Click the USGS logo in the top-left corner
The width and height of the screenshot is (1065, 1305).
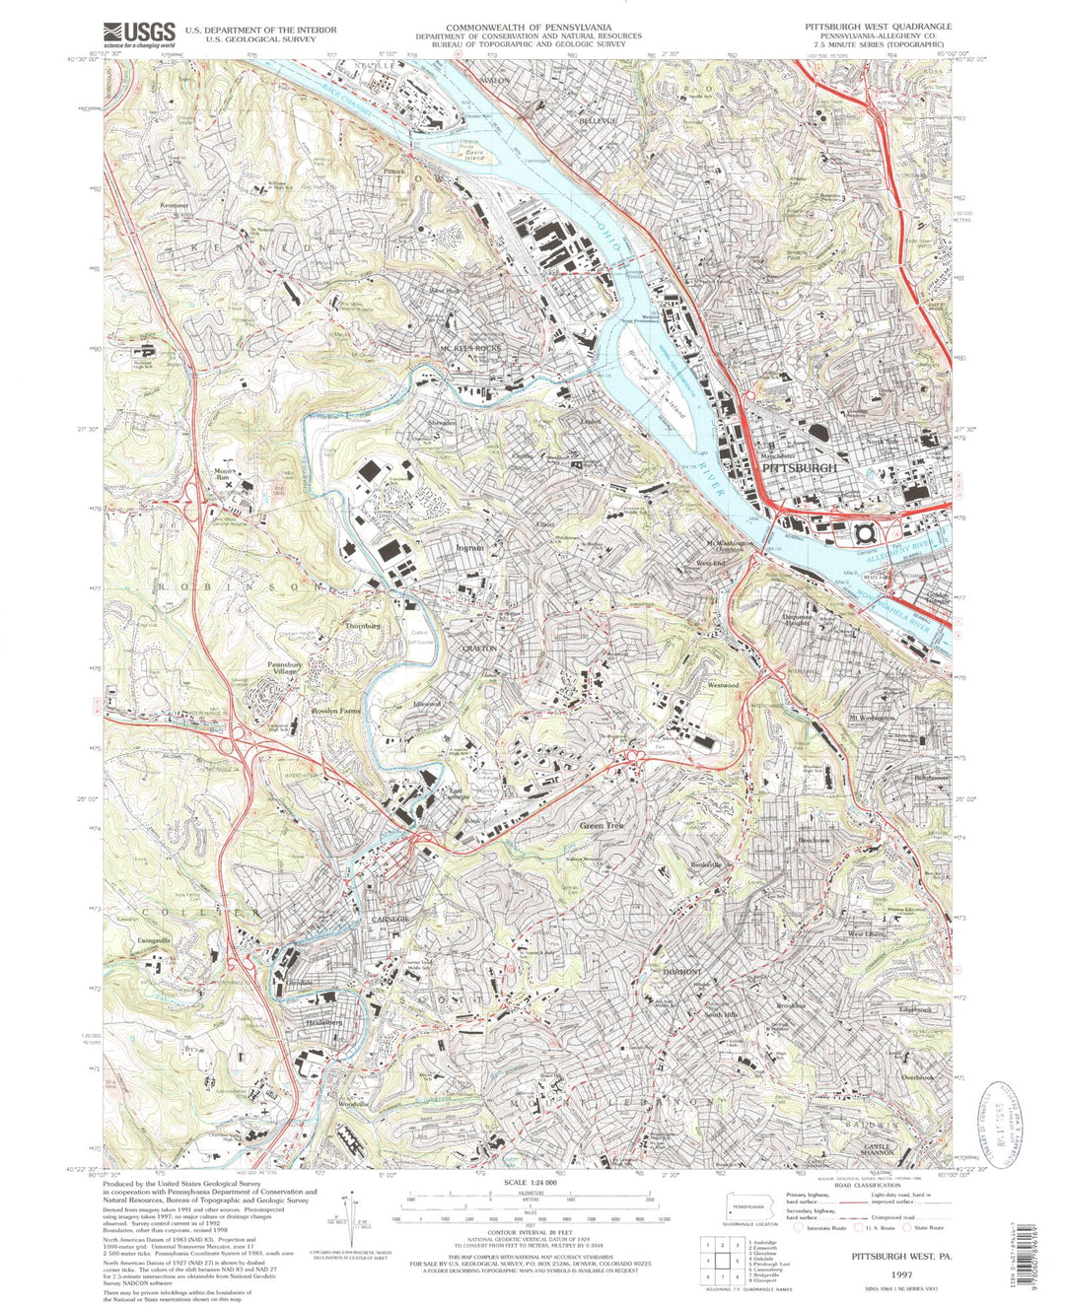[139, 34]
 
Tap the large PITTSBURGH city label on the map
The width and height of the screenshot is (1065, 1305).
[800, 468]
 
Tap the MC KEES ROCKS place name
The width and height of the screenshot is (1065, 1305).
[470, 348]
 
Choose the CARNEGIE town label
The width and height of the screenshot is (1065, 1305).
[390, 919]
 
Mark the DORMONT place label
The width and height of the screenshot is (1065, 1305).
[681, 972]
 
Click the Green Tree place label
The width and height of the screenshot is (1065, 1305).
[602, 825]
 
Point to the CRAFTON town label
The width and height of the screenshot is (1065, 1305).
[480, 649]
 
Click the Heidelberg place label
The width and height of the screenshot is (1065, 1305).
[317, 1022]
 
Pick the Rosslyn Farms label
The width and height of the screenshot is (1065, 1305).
[336, 710]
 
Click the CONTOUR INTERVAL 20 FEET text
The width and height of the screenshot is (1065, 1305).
[530, 1243]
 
